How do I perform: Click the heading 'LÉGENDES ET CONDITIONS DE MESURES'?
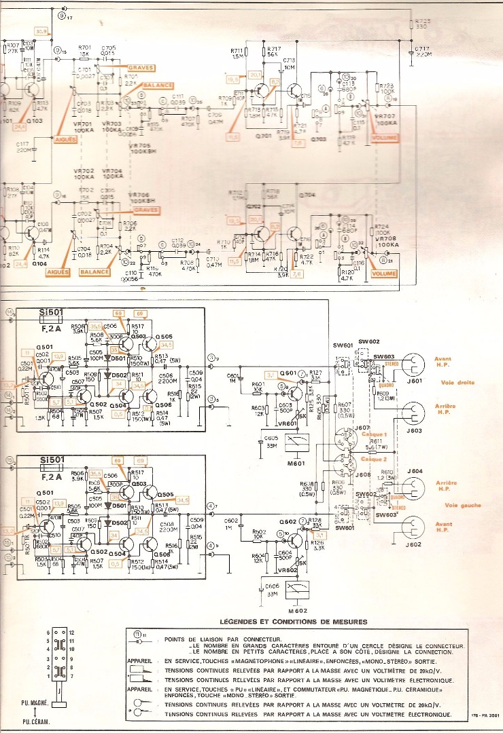(293, 622)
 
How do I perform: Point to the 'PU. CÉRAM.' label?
(41, 723)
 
